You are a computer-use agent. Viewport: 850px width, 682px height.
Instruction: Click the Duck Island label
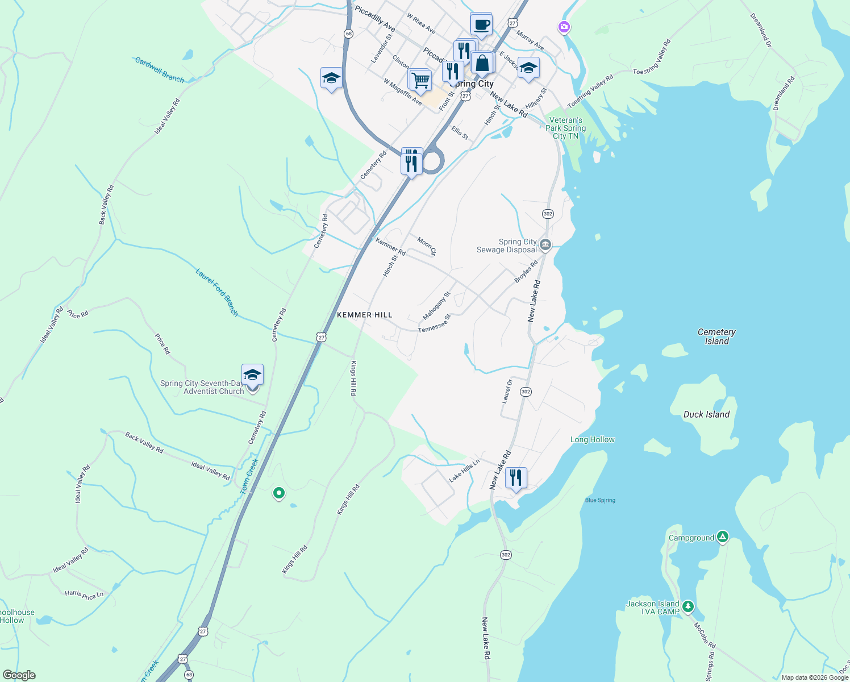point(706,414)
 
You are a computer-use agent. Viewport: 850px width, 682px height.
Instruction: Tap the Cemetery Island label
point(716,336)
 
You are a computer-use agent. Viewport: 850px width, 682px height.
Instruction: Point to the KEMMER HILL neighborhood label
point(364,315)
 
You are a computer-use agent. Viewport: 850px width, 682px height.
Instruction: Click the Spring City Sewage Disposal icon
point(545,245)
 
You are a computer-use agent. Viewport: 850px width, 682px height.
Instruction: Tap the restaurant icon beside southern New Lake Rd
point(515,477)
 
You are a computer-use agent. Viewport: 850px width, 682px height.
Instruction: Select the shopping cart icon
point(420,80)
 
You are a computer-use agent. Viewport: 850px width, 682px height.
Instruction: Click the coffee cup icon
point(481,24)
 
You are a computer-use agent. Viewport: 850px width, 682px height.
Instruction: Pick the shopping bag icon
point(482,63)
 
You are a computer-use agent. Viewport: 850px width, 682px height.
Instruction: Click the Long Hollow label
point(592,439)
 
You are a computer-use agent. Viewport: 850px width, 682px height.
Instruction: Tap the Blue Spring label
point(600,500)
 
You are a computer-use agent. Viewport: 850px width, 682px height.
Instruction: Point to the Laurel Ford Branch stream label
point(217,292)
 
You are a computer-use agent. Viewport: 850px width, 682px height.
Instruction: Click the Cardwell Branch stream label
point(160,69)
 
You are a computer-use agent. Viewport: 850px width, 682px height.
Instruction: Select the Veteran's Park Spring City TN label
point(565,128)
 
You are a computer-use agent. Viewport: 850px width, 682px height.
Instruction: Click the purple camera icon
point(564,27)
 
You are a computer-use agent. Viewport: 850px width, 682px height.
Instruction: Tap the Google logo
point(19,675)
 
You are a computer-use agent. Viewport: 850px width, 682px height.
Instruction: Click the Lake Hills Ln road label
point(464,470)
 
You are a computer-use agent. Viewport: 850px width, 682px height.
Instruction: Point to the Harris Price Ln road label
point(84,594)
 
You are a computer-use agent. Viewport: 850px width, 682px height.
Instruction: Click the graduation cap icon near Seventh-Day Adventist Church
point(252,375)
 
